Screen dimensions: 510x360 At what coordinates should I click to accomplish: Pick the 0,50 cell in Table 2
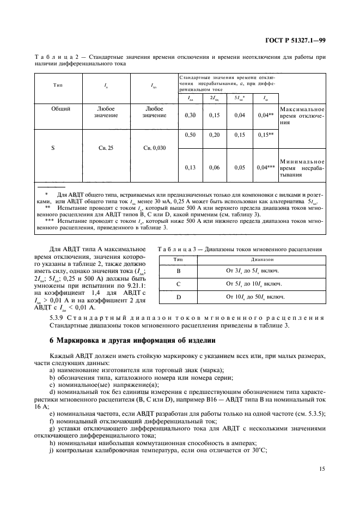(190, 135)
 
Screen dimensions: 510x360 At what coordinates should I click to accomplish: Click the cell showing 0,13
(190, 167)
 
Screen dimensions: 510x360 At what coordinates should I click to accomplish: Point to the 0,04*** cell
(264, 167)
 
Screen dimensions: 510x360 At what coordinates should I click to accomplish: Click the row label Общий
(60, 109)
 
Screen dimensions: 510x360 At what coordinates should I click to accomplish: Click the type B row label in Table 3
(178, 271)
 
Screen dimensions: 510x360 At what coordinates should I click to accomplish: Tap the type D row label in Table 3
(178, 297)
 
